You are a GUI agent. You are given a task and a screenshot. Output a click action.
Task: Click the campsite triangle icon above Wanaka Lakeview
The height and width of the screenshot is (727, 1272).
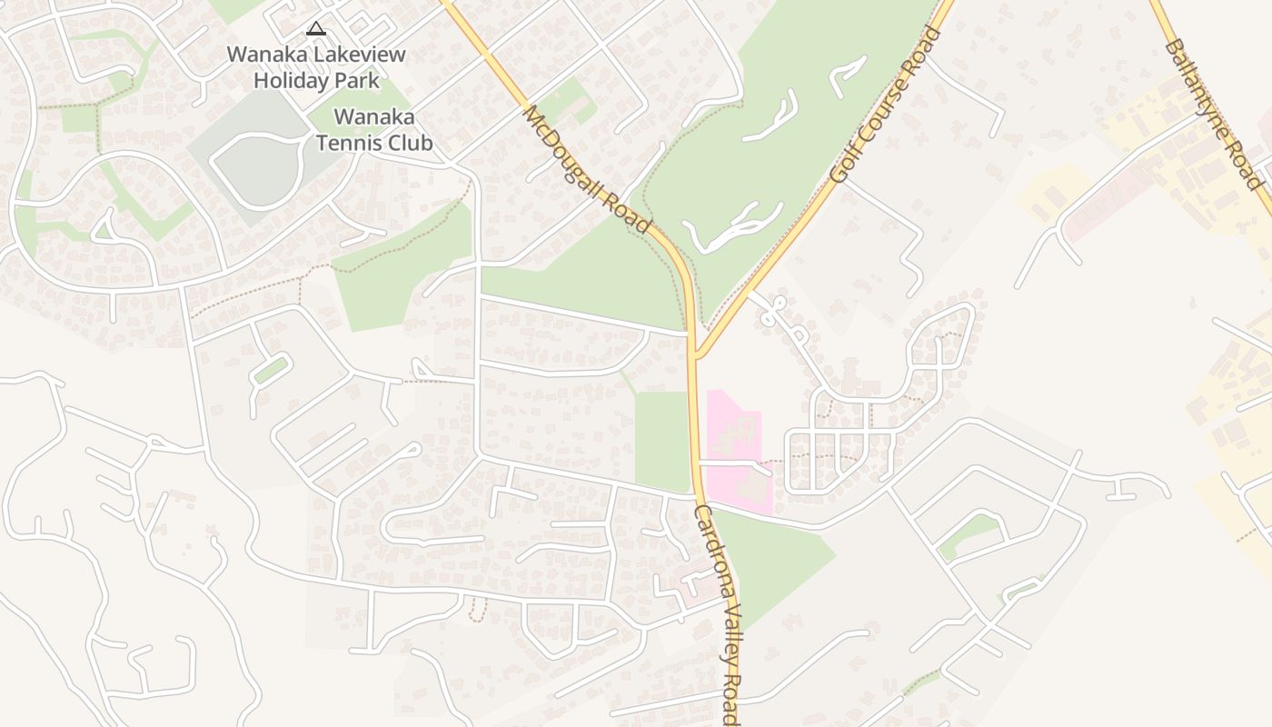[315, 28]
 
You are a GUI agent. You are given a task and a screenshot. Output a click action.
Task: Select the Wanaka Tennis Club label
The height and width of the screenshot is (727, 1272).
[374, 130]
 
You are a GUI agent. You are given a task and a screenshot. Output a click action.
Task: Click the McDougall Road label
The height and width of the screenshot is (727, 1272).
[587, 169]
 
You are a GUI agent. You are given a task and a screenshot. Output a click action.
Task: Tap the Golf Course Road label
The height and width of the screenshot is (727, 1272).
[885, 105]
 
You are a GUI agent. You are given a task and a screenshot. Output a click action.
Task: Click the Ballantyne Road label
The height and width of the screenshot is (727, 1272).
[1214, 114]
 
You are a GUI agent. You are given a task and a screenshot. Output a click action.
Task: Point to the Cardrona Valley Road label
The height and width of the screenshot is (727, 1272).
[719, 615]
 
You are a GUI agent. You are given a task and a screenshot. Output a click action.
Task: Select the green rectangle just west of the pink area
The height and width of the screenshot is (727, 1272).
[661, 441]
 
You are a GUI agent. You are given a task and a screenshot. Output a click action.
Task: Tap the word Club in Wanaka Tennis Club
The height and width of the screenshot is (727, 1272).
[412, 144]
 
